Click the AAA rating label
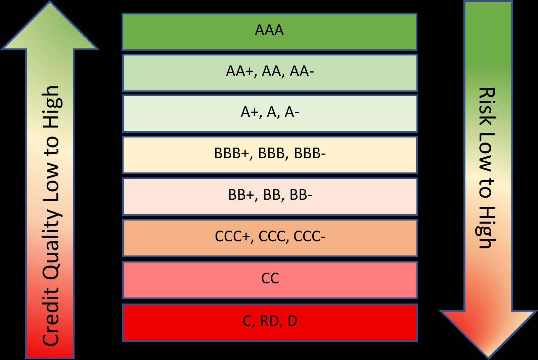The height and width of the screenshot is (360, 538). (x=269, y=30)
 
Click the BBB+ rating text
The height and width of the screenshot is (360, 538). (x=233, y=154)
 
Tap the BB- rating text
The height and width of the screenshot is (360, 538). (x=301, y=195)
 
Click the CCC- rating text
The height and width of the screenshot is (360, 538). (x=309, y=237)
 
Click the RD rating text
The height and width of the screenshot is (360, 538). (x=269, y=321)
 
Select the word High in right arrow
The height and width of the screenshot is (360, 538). (x=486, y=227)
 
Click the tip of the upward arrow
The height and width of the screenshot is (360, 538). (x=50, y=3)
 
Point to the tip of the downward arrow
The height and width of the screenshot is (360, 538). (x=488, y=357)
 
